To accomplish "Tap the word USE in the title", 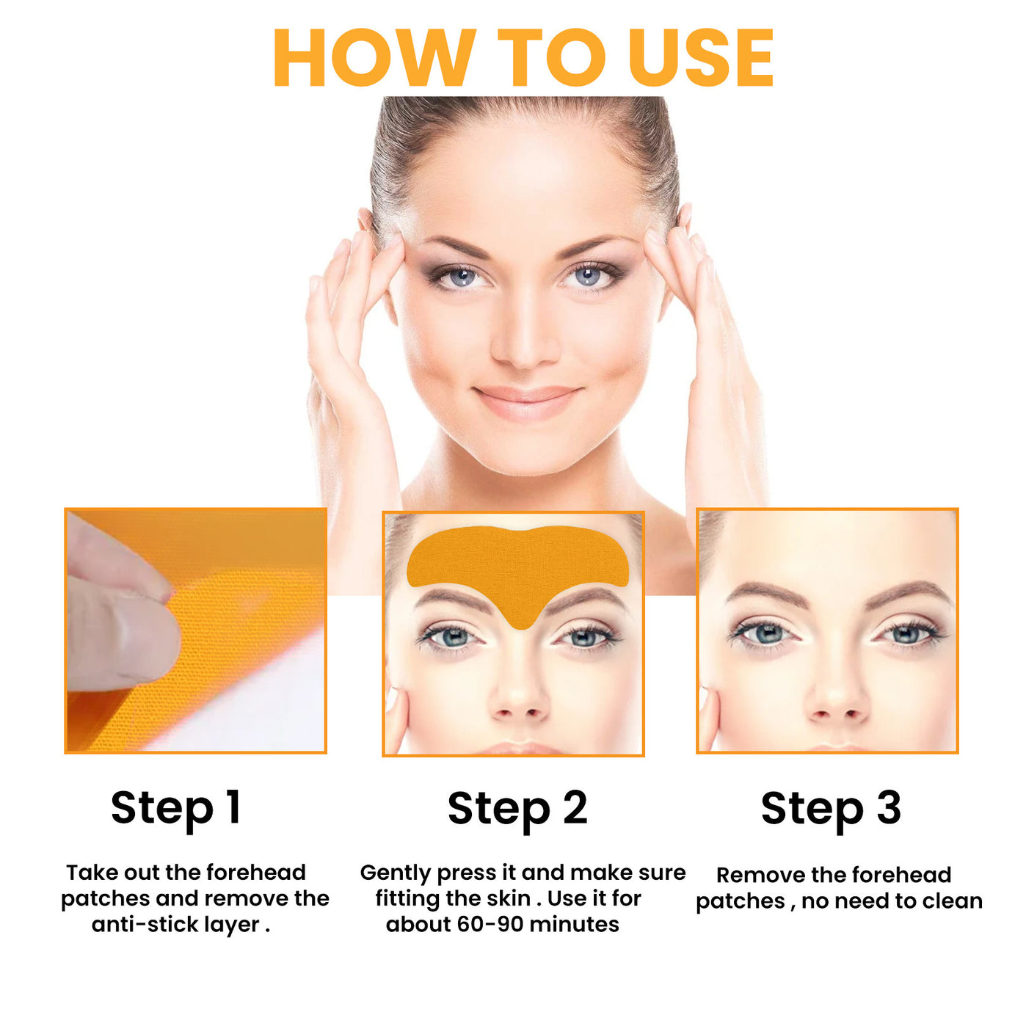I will (x=701, y=59).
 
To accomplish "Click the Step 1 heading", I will (x=176, y=808).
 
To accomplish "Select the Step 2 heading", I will (x=517, y=808).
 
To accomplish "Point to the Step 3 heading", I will (x=831, y=808).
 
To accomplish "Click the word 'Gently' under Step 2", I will (x=395, y=873).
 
